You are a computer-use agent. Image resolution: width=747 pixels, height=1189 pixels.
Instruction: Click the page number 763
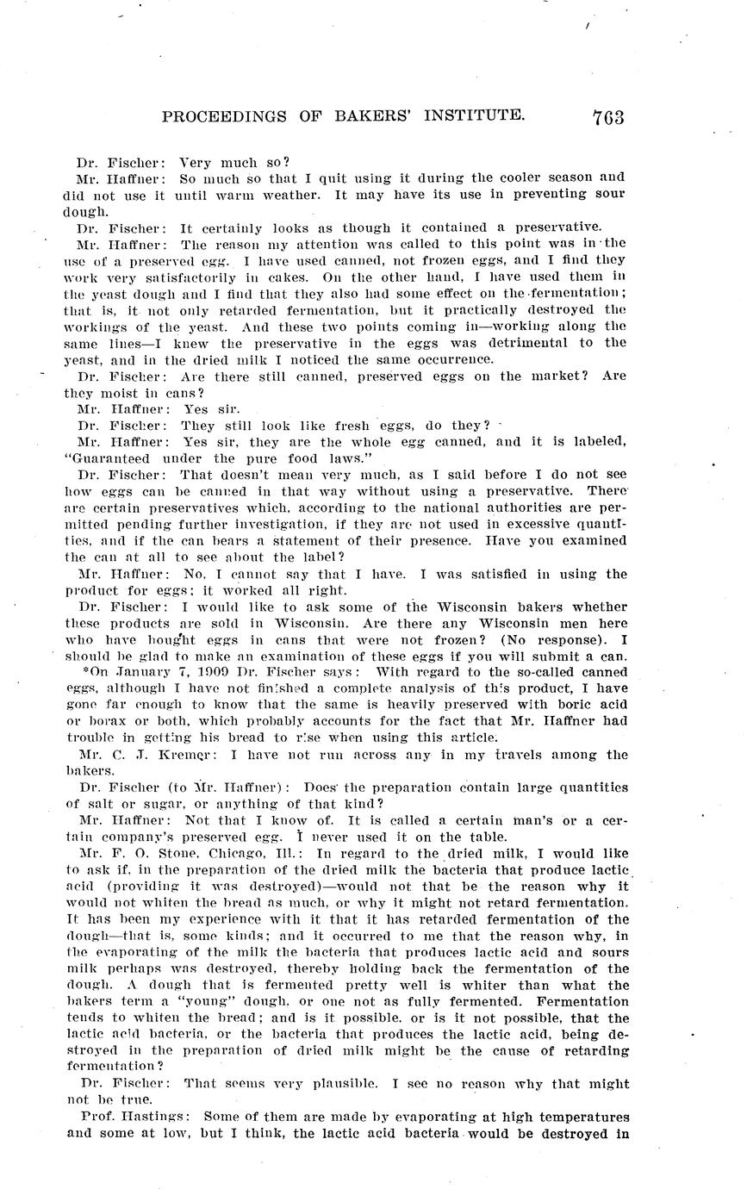[607, 117]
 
